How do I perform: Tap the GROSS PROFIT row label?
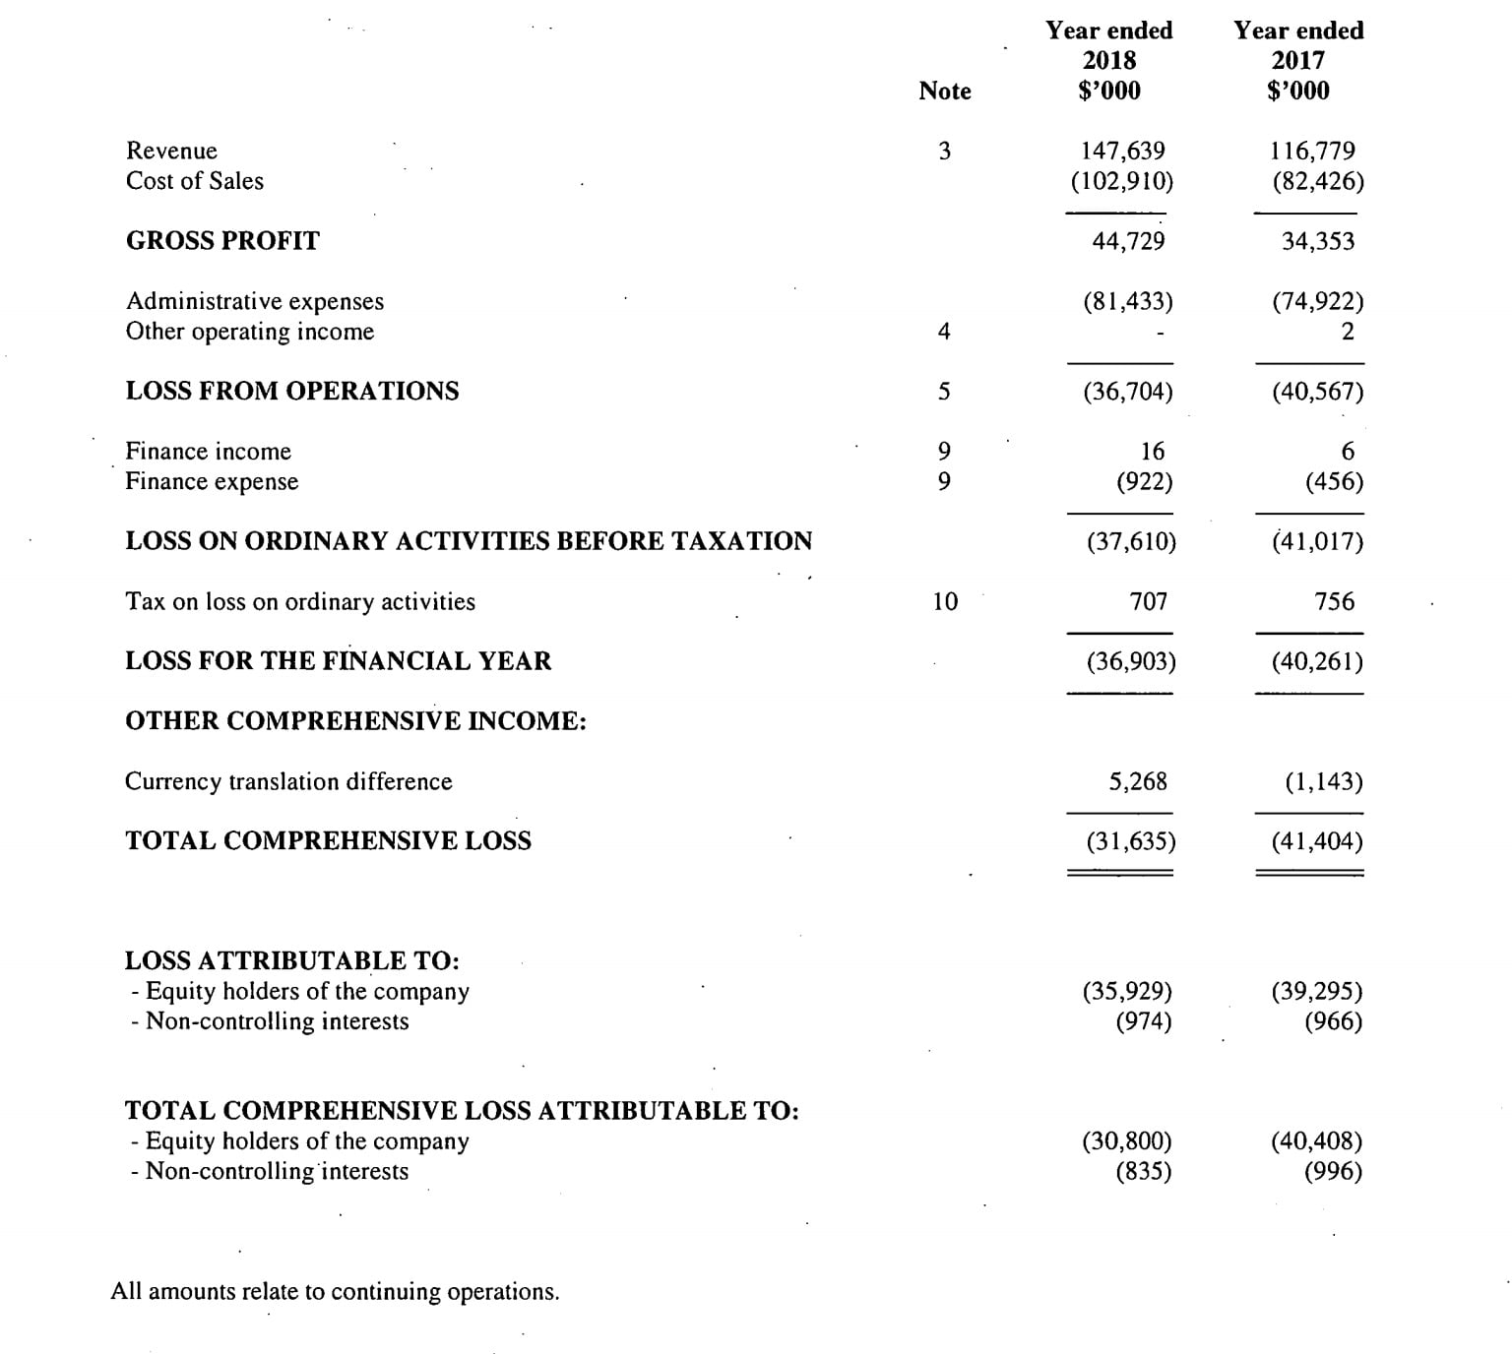click(x=222, y=241)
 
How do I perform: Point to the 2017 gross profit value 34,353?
click(x=1317, y=241)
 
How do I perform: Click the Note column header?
click(x=944, y=91)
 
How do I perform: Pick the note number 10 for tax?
click(x=944, y=601)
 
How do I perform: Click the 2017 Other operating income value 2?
click(x=1347, y=332)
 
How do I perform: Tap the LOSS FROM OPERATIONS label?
click(x=291, y=392)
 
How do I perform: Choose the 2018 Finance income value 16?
click(x=1152, y=452)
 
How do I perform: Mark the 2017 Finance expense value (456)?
click(x=1334, y=482)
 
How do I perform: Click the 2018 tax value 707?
click(x=1148, y=601)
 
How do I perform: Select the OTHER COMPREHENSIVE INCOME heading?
click(x=355, y=721)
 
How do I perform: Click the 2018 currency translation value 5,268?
click(x=1137, y=781)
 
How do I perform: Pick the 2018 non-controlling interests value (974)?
click(x=1143, y=1021)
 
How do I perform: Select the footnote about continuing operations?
click(x=335, y=1291)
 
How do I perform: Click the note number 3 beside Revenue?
click(x=944, y=151)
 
